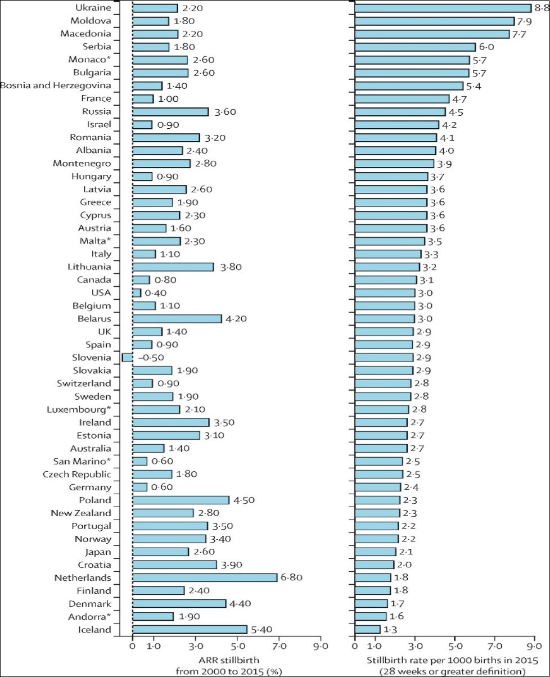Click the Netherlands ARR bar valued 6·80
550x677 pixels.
(205, 577)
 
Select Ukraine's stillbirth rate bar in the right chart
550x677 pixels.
(443, 8)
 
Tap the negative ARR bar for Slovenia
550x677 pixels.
(127, 357)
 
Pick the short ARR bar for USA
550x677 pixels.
(137, 292)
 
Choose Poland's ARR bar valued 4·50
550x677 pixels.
(181, 500)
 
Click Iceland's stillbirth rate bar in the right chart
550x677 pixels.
(367, 629)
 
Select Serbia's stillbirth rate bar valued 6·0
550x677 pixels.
(415, 47)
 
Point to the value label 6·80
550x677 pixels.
(292, 577)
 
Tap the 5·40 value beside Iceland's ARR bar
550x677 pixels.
(263, 629)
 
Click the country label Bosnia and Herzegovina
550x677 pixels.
(56, 85)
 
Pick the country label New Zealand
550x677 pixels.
(81, 513)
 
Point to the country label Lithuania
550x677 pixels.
(90, 267)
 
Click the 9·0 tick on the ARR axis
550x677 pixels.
(321, 646)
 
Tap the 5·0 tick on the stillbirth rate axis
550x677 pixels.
(455, 646)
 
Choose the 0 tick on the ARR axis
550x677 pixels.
(133, 646)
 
